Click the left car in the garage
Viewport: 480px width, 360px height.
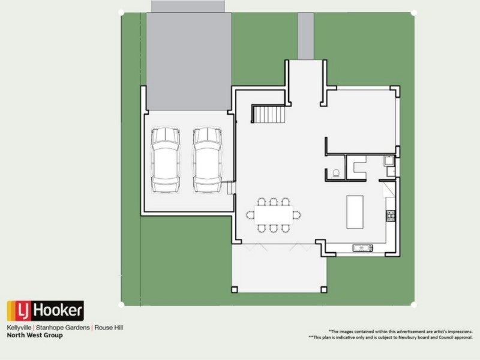[x=165, y=160]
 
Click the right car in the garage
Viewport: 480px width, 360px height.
[x=208, y=160]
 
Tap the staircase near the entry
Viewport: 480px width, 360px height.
[x=267, y=113]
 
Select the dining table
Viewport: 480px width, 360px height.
[x=273, y=215]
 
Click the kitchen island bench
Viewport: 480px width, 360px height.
[x=355, y=211]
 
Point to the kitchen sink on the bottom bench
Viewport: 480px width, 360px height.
[x=362, y=247]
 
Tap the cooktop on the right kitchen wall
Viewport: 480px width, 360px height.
[x=391, y=215]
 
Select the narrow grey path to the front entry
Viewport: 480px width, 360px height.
[x=305, y=36]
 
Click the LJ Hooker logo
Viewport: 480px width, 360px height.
[x=45, y=311]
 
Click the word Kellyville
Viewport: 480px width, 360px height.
[x=19, y=328]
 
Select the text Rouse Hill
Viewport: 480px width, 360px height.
[x=108, y=328]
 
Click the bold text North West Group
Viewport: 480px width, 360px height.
[x=34, y=335]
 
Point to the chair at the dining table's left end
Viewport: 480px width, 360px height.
[x=250, y=215]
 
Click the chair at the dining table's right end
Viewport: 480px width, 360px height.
[x=296, y=215]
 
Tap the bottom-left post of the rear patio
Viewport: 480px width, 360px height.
[x=235, y=289]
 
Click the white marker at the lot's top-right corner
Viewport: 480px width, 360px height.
[x=413, y=12]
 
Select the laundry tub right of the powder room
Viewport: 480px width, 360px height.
[x=388, y=161]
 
